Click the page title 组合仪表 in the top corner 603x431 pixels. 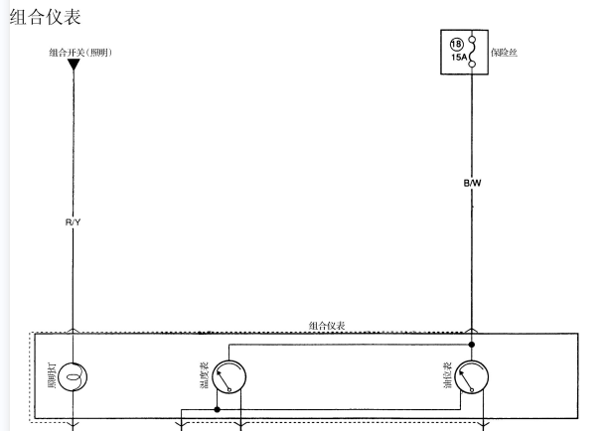pos(46,17)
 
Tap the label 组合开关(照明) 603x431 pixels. pos(80,53)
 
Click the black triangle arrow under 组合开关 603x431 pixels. pos(74,65)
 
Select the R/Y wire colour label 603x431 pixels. pos(74,222)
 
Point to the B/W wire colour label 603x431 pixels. pos(472,183)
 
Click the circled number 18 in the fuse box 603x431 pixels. pos(457,45)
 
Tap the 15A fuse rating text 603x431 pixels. pos(459,58)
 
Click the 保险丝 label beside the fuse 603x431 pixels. pos(504,53)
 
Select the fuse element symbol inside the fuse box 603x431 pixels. pos(472,52)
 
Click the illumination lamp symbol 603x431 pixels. pos(74,376)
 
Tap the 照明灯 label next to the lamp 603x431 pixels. pos(52,375)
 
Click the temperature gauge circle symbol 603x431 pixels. pos(229,376)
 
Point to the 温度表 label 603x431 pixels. pos(205,375)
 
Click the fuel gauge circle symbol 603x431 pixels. pos(472,376)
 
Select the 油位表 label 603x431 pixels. pos(447,375)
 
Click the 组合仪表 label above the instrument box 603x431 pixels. pos(327,326)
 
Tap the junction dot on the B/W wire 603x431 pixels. pos(472,345)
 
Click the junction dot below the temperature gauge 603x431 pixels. pos(217,409)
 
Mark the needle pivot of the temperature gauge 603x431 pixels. pos(229,390)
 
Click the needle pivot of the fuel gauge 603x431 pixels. pos(472,390)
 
